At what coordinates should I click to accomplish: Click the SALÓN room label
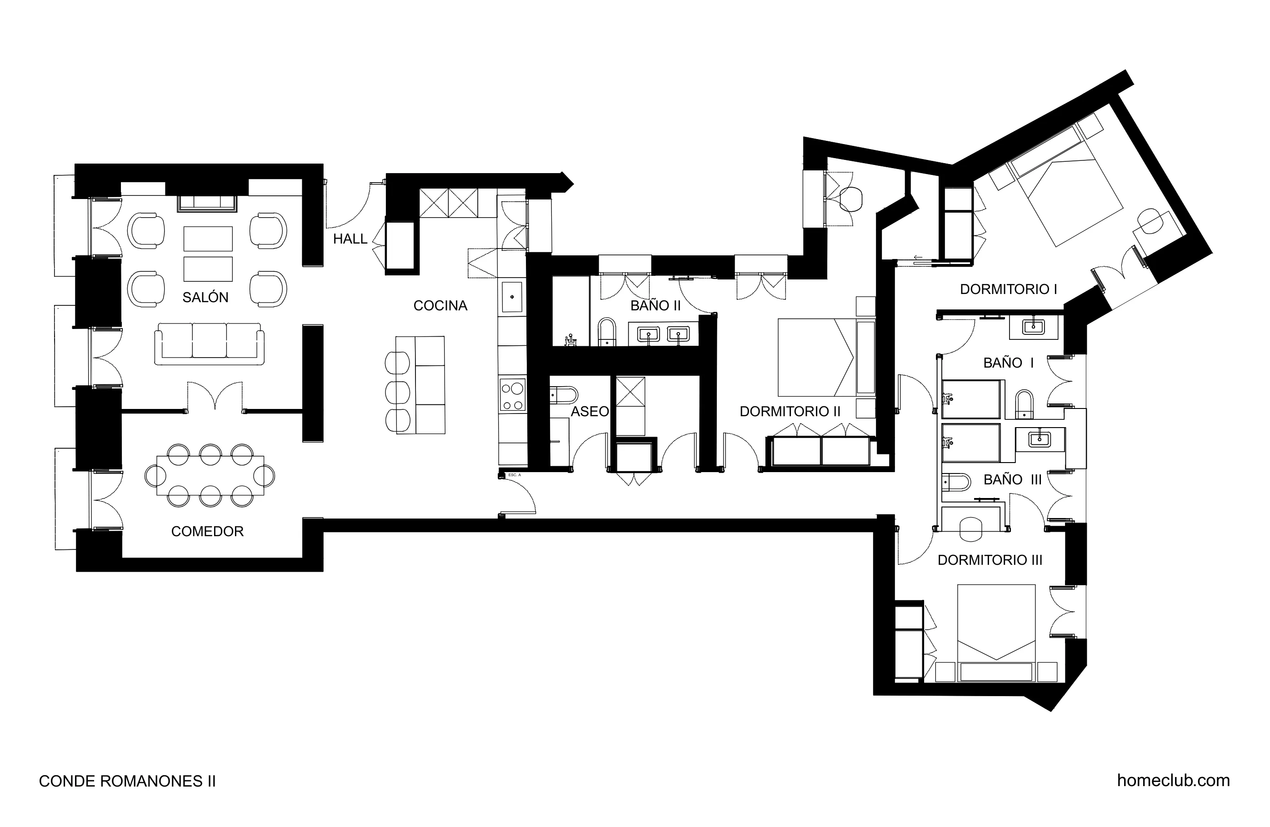[205, 297]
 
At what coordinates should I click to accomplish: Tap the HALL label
[350, 239]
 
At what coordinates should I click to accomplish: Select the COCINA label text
[440, 306]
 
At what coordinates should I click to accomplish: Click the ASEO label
[589, 411]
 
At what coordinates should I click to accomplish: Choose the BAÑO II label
[655, 306]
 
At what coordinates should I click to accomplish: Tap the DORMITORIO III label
[990, 560]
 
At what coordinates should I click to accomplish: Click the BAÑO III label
[1012, 480]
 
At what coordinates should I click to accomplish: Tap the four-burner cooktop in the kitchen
[512, 395]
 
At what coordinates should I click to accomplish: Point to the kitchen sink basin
[512, 297]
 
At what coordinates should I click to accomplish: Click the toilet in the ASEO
[565, 395]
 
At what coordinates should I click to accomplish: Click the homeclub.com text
[1173, 781]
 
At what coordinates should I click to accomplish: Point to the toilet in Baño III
[955, 482]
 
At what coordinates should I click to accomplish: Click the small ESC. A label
[515, 474]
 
